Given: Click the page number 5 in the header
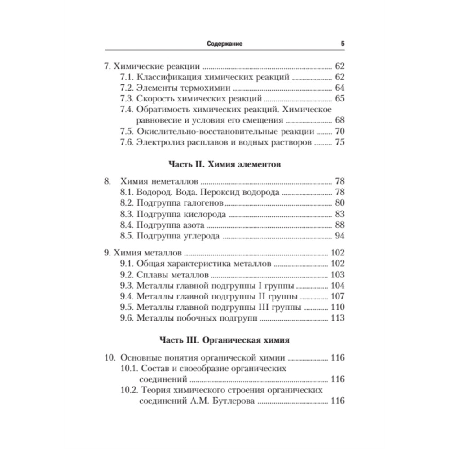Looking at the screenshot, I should [343, 44].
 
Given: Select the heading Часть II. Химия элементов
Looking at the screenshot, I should [224, 164].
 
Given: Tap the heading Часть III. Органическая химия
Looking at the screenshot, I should [224, 340].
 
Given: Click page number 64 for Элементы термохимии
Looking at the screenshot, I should [339, 88].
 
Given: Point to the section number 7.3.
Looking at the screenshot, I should [128, 99].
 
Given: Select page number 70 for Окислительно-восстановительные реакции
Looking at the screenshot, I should [339, 132].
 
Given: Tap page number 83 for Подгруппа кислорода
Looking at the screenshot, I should [339, 214].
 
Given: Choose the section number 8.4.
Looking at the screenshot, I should [128, 225].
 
